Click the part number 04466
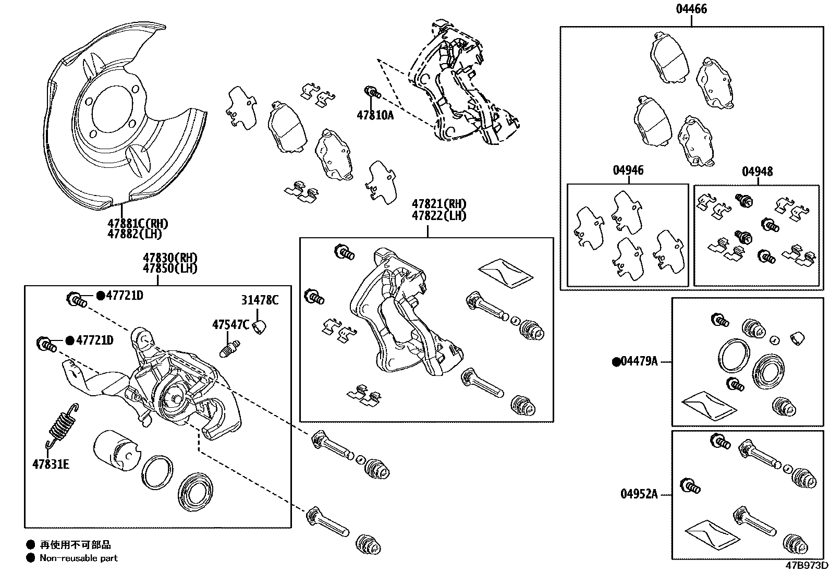click(x=692, y=9)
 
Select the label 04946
click(x=628, y=170)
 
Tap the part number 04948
click(x=757, y=171)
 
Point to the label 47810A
click(x=375, y=115)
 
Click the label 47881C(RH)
click(x=138, y=224)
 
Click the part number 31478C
click(x=260, y=300)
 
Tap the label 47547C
click(x=230, y=324)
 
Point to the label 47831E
click(x=50, y=464)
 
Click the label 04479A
click(x=639, y=361)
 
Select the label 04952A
click(x=639, y=493)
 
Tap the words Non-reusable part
click(x=79, y=558)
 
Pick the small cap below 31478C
click(x=261, y=327)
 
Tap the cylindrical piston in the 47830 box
click(x=114, y=448)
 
